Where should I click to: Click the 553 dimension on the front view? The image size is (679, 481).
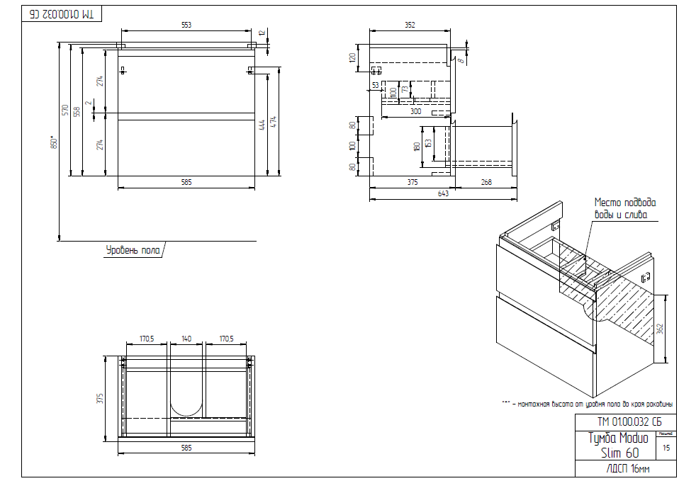pos(186,25)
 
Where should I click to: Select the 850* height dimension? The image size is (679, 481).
pos(52,142)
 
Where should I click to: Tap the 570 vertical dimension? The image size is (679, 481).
pos(65,110)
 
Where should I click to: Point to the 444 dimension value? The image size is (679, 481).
pos(262,124)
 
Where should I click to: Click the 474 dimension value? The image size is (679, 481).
pos(275,122)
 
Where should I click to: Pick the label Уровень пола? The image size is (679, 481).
pos(133,250)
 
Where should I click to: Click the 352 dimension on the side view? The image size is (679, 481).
pos(410,25)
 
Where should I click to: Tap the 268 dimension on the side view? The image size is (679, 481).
pos(486,182)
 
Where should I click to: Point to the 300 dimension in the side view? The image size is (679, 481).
pos(415,111)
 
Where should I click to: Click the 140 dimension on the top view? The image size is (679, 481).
pos(186,339)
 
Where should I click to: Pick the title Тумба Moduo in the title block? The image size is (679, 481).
pos(618,438)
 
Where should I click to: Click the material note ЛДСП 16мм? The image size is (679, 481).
pos(629,470)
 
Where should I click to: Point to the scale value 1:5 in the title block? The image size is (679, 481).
pos(666,448)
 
